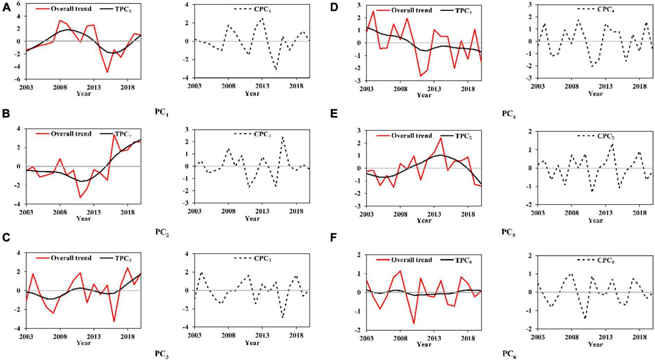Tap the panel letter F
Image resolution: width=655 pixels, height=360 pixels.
tap(333, 237)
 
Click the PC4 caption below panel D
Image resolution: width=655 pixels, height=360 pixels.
tap(509, 114)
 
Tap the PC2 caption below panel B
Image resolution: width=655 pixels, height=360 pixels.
tap(162, 232)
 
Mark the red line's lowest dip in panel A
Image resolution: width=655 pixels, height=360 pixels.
tap(107, 72)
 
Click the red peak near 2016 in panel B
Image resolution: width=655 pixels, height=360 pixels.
tap(114, 135)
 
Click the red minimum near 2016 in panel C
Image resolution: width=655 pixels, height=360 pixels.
tap(114, 321)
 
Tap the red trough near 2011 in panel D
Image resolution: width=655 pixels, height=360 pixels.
tap(421, 76)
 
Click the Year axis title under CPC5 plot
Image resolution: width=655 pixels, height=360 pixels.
tap(595, 221)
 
